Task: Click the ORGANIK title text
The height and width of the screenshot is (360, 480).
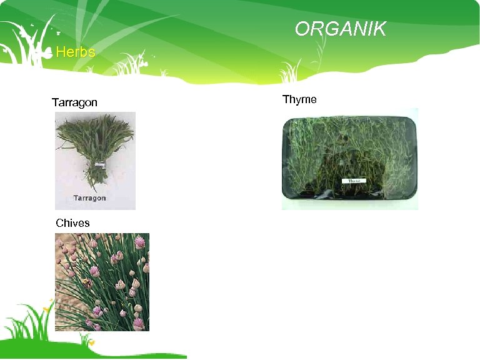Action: pyautogui.click(x=341, y=29)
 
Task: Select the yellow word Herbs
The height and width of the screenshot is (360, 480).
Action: pyautogui.click(x=76, y=52)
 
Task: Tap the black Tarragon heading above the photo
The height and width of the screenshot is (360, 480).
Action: pyautogui.click(x=74, y=102)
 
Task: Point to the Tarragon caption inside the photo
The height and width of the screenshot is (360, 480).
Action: pyautogui.click(x=90, y=198)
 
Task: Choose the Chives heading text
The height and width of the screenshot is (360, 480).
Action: pyautogui.click(x=72, y=223)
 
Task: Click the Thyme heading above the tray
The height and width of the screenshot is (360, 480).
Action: pyautogui.click(x=299, y=99)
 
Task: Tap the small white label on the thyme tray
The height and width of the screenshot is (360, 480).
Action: pyautogui.click(x=354, y=181)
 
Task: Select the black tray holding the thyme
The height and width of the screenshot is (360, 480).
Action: pyautogui.click(x=349, y=161)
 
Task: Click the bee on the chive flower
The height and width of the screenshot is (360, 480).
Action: pyautogui.click(x=87, y=283)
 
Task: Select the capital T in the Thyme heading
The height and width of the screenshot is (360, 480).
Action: pyautogui.click(x=286, y=99)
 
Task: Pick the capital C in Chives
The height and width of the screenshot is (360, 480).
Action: pyautogui.click(x=59, y=223)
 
